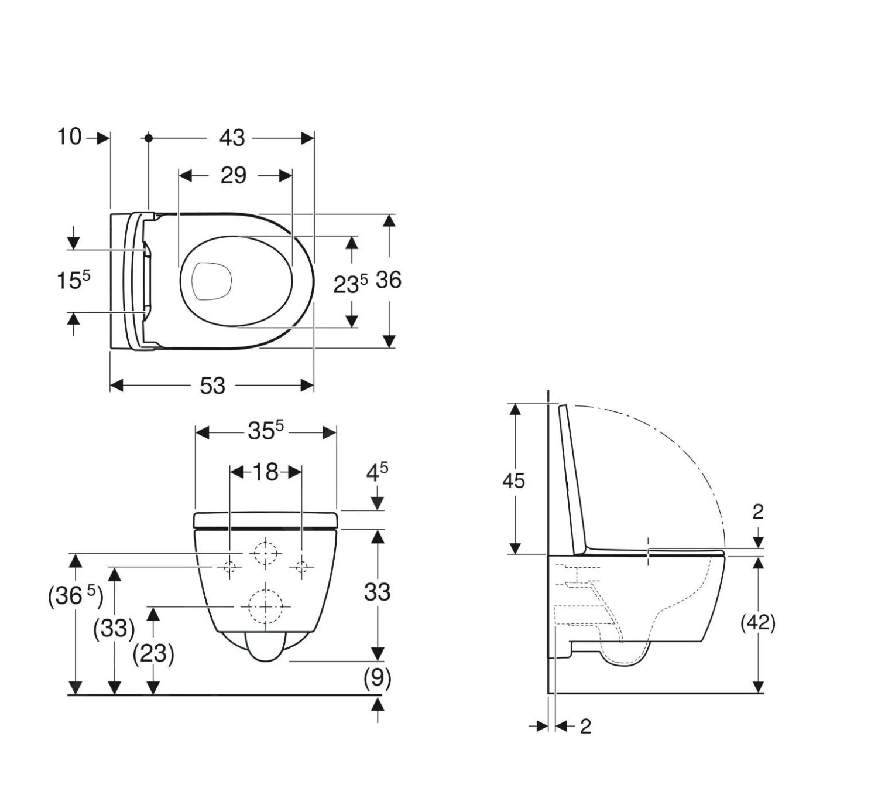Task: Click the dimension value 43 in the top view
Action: coord(232,138)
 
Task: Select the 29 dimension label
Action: coord(233,176)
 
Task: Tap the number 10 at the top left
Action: coord(68,137)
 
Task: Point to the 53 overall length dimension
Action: coord(212,386)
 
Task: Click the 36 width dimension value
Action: coord(388,280)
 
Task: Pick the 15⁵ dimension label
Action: coord(73,280)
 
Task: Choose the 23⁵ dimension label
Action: coord(350,284)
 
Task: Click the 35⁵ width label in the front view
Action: coord(265,431)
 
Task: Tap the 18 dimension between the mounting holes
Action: coord(265,472)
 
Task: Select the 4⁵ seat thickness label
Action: coord(377,472)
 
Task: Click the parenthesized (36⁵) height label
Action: coord(75,597)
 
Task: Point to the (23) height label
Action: coord(153,653)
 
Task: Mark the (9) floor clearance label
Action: coord(377,678)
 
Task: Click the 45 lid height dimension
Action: coord(513,481)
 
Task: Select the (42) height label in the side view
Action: coord(758,622)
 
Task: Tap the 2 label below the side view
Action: coord(585,727)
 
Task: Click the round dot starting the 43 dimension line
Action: coord(149,138)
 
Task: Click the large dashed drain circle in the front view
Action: coord(265,606)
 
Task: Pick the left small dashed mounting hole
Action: coord(229,567)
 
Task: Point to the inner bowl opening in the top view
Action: coord(212,281)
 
